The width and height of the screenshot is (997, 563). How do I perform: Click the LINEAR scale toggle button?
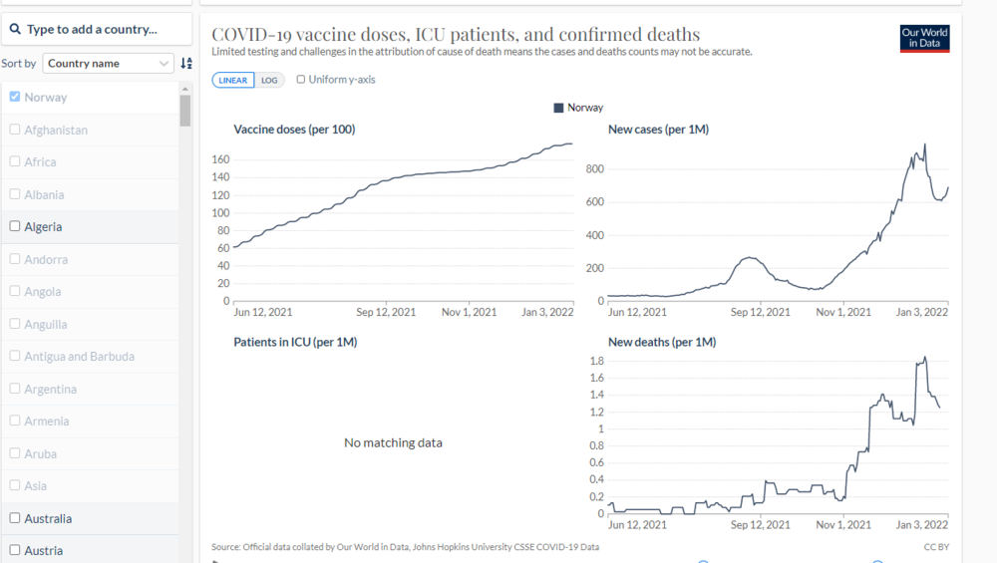pos(233,80)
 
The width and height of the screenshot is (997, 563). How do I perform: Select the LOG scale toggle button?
pos(269,80)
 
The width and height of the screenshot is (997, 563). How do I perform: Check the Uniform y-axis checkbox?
pos(301,80)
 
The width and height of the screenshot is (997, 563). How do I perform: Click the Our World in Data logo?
pos(924,39)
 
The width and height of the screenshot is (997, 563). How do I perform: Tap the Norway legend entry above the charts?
pos(578,108)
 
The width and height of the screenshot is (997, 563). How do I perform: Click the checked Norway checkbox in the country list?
pos(15,97)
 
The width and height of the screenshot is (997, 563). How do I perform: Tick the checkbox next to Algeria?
pos(15,226)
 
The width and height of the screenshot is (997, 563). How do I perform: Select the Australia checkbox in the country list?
pos(15,518)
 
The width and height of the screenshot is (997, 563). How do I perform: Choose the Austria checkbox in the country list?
pos(15,550)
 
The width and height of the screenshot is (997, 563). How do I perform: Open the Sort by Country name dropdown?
pos(109,63)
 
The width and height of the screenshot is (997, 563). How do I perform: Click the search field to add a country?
pos(97,29)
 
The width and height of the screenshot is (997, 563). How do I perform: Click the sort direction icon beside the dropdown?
pos(186,63)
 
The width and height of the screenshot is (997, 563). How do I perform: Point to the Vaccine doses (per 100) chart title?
pos(294,130)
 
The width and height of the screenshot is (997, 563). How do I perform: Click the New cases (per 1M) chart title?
pos(658,130)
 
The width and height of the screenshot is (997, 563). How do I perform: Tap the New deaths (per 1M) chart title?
pos(662,342)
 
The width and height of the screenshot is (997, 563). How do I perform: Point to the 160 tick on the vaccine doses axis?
pos(221,159)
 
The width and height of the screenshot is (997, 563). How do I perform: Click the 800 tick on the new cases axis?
pos(595,169)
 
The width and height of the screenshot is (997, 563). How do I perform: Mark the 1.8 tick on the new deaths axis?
pos(596,361)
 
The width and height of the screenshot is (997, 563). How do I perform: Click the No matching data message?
pos(393,442)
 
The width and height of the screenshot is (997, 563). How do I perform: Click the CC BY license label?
pos(936,546)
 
